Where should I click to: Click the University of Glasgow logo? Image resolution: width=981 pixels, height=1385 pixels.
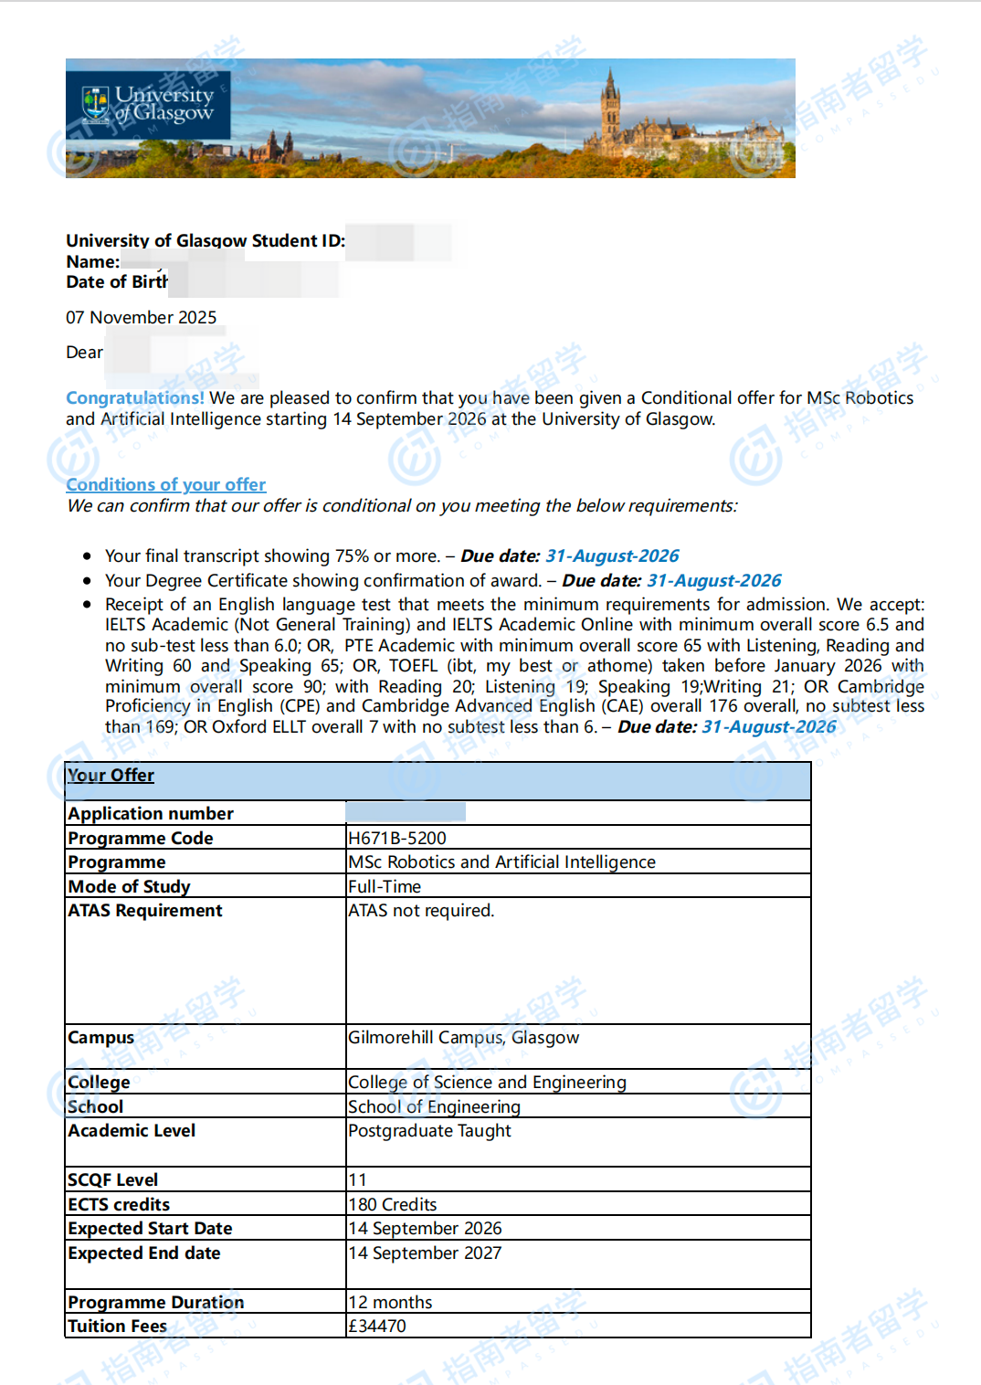[148, 105]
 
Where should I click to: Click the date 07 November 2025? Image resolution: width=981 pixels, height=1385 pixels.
[142, 317]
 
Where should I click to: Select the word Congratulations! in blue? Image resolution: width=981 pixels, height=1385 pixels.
[135, 397]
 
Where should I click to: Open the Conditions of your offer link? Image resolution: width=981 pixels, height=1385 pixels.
[166, 484]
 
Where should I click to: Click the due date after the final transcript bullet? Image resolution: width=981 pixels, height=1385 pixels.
[612, 555]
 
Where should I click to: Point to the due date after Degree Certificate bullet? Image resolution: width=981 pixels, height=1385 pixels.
[713, 580]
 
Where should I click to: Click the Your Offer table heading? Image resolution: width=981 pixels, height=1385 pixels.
[111, 775]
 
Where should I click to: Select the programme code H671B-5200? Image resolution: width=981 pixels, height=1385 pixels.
[397, 838]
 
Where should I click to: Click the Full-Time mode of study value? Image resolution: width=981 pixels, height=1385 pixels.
[385, 886]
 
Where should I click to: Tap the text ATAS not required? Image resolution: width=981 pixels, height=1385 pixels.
[421, 910]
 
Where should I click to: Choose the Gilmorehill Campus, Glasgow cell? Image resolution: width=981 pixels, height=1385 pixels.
[463, 1037]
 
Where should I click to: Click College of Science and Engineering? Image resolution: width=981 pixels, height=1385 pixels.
[487, 1082]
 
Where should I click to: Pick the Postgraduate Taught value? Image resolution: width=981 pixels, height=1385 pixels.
[429, 1130]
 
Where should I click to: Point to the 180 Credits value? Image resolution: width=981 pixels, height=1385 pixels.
[393, 1204]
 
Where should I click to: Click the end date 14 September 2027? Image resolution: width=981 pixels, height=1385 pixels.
[425, 1253]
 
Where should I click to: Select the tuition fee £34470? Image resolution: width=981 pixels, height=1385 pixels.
[377, 1326]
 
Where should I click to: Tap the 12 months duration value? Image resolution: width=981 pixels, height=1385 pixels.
[390, 1302]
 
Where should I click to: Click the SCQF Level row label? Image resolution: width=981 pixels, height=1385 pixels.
[113, 1179]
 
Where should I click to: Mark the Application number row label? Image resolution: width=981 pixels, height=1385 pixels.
[151, 813]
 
